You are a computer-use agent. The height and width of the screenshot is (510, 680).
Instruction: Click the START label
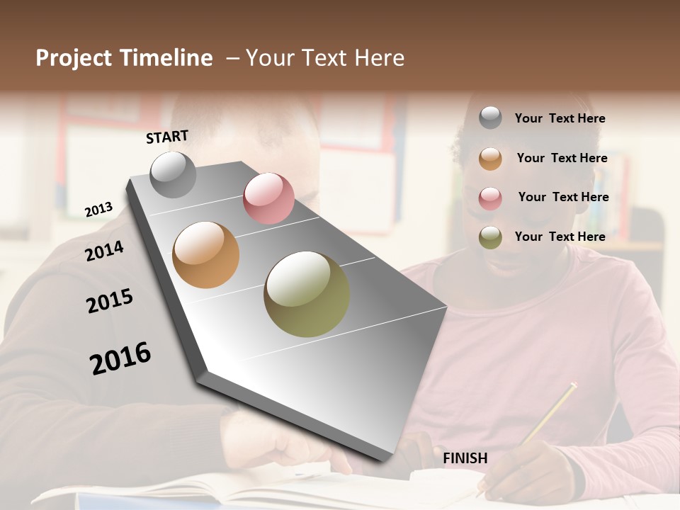tap(167, 137)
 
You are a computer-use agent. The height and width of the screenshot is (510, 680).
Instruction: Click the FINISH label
tap(465, 458)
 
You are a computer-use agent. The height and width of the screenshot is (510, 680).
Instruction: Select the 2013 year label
tap(99, 210)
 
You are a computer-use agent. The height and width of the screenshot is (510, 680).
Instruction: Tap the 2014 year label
tap(104, 251)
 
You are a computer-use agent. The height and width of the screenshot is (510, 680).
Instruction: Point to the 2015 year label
tap(110, 301)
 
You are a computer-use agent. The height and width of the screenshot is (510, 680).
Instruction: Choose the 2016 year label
tap(120, 358)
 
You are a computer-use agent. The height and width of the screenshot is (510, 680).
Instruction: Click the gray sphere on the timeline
tap(174, 175)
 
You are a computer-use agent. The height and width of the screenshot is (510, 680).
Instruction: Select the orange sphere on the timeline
tap(206, 255)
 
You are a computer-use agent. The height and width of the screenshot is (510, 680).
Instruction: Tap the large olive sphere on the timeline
tap(307, 294)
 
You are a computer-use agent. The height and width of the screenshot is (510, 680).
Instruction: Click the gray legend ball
tap(490, 118)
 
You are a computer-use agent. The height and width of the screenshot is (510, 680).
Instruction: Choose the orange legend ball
tap(490, 158)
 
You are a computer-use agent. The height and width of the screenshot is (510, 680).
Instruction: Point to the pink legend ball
tap(490, 198)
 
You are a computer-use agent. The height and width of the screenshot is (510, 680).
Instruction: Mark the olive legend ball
tap(490, 237)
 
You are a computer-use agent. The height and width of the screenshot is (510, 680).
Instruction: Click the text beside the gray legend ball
tap(560, 118)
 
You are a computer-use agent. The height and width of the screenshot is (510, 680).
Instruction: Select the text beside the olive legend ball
tap(560, 237)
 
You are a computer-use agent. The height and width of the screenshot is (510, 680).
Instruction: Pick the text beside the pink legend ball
tap(563, 197)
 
